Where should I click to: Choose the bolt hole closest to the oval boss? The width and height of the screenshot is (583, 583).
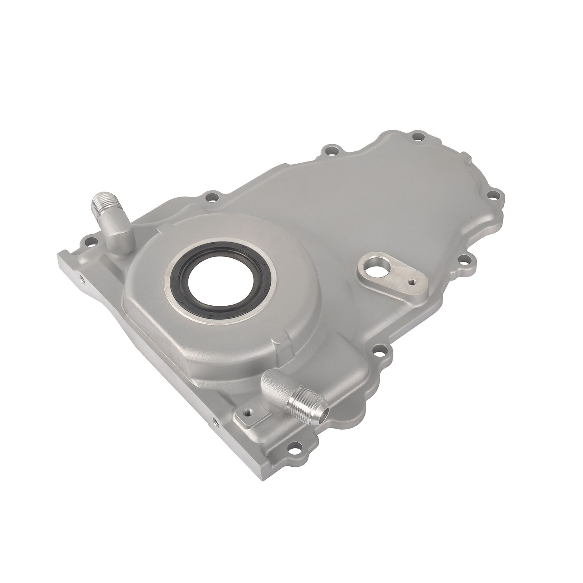[x=463, y=260]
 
